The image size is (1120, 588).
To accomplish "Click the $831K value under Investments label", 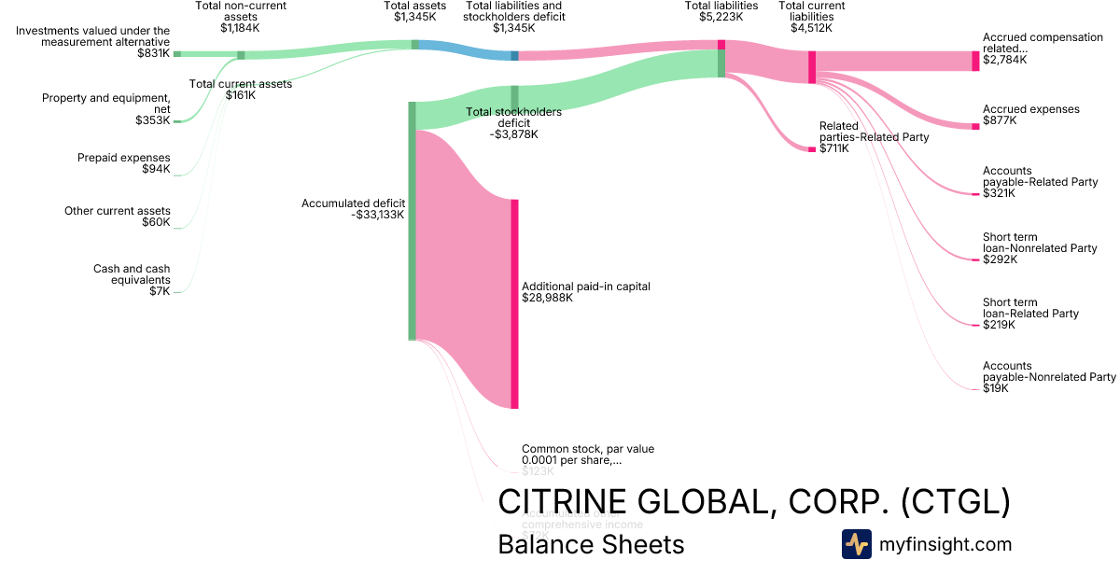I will (153, 54).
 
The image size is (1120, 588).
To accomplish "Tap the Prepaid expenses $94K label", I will (123, 163).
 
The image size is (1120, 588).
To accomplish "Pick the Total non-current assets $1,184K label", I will (241, 17).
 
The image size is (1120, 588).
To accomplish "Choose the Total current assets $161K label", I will (241, 89).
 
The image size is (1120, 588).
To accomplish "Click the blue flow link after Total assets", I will (467, 50).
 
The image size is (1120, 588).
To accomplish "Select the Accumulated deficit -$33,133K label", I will (353, 208).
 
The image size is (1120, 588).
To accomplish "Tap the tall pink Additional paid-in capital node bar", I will (514, 303).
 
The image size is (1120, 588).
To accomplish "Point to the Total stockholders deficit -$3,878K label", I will (513, 123).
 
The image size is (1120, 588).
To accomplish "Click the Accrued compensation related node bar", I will (975, 61).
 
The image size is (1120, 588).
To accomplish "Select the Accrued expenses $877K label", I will (1030, 115).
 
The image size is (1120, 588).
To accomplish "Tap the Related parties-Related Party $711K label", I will (874, 137).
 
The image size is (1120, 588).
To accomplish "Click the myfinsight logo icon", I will (856, 544).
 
